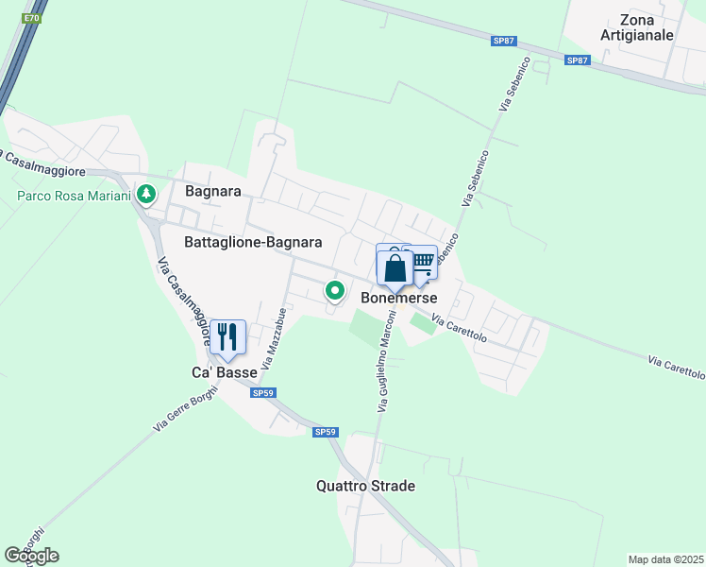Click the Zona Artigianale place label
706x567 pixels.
click(x=637, y=26)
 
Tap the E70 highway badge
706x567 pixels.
click(x=32, y=18)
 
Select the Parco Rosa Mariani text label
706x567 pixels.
click(x=73, y=197)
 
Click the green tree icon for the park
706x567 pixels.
click(x=145, y=195)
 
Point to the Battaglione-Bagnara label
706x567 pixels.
click(x=253, y=242)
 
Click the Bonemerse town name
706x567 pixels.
click(x=399, y=297)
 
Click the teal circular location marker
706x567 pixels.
click(x=334, y=290)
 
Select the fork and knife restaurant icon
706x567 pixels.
click(x=227, y=335)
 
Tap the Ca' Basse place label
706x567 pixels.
click(x=225, y=372)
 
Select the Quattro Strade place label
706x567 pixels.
click(x=365, y=487)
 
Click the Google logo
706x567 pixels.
click(x=31, y=556)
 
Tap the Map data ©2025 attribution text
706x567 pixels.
click(x=665, y=559)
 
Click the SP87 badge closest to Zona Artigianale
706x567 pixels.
click(x=577, y=60)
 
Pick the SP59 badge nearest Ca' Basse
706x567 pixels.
click(x=262, y=393)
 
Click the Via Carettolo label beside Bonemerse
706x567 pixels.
click(x=460, y=329)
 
